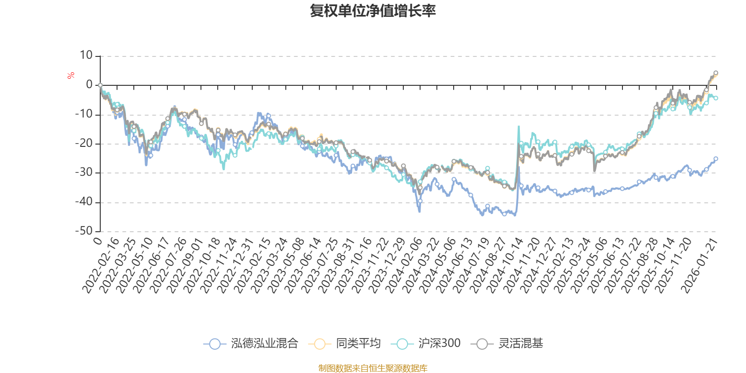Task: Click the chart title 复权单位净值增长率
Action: click(373, 11)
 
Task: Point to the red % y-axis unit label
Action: click(71, 76)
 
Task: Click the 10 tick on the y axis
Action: click(86, 55)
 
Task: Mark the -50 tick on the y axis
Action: click(84, 231)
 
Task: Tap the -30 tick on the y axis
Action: click(84, 173)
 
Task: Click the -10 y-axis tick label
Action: click(84, 114)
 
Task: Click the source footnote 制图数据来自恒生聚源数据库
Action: click(373, 368)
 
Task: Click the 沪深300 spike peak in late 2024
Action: click(518, 126)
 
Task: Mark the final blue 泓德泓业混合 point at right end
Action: click(716, 159)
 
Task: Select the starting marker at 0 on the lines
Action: click(100, 85)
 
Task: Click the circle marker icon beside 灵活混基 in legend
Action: click(482, 344)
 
